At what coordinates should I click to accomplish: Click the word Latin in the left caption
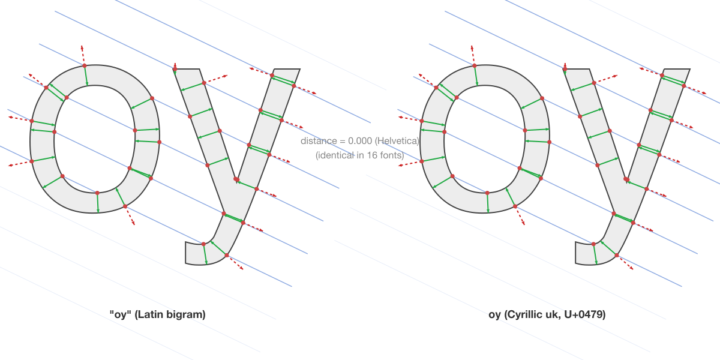pos(149,314)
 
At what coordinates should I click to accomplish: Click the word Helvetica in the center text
pos(397,141)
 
